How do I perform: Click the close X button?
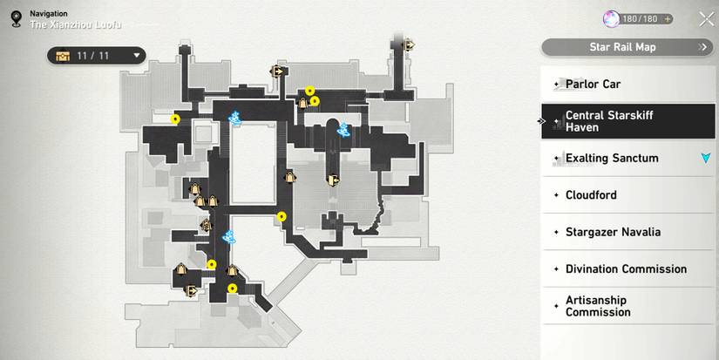click(706, 19)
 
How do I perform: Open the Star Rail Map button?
click(627, 47)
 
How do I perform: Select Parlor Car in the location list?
click(627, 85)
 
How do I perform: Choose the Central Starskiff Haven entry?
click(627, 121)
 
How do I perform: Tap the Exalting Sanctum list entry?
click(627, 159)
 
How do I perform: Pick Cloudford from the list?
click(627, 195)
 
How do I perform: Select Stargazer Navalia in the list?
click(627, 232)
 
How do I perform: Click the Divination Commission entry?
click(627, 268)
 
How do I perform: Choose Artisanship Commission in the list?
click(627, 306)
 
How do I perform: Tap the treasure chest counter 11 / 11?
click(96, 56)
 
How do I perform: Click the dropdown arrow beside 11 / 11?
click(136, 56)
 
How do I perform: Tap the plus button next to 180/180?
click(668, 19)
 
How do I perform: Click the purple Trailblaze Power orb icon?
click(611, 19)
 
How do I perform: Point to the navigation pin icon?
click(16, 19)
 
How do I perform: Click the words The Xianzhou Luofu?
click(76, 24)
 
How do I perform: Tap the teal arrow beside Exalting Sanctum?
click(706, 159)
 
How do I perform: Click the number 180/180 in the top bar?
click(640, 19)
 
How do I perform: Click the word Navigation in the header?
click(49, 14)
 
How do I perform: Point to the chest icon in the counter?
click(63, 56)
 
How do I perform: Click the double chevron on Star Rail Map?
click(702, 47)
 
